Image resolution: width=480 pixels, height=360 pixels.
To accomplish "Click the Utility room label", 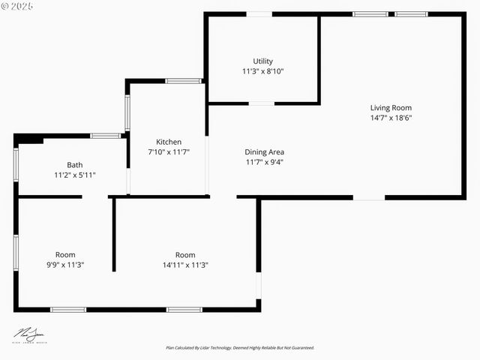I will [262, 61].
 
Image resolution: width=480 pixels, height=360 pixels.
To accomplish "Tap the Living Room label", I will [391, 107].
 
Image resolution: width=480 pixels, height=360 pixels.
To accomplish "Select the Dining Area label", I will [264, 151].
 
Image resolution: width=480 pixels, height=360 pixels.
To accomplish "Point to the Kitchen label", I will [169, 142].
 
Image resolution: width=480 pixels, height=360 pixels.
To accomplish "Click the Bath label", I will [74, 165].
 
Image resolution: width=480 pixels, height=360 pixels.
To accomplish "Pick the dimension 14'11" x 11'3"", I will [185, 265].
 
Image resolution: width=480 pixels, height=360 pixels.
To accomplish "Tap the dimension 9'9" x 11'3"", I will [65, 265].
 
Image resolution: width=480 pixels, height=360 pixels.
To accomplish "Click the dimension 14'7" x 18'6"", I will [391, 118].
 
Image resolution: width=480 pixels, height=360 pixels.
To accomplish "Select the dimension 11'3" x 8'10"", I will [262, 71].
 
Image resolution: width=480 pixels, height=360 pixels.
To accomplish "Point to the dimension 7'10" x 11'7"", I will [169, 151].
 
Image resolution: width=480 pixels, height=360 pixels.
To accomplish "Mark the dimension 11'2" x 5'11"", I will [74, 175].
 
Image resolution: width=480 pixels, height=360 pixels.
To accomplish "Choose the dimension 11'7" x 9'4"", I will [264, 161].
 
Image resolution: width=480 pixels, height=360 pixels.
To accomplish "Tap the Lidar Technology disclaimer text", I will [240, 348].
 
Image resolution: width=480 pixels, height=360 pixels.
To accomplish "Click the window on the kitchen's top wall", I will [183, 81].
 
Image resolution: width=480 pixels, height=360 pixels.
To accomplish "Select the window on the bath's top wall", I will [106, 136].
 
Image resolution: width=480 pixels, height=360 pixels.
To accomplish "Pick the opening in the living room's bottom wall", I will [369, 198].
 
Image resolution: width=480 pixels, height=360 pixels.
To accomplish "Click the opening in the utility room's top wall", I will [259, 13].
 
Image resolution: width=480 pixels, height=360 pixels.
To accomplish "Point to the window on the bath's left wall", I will [16, 164].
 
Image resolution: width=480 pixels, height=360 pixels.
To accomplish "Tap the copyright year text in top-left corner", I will [18, 6].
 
